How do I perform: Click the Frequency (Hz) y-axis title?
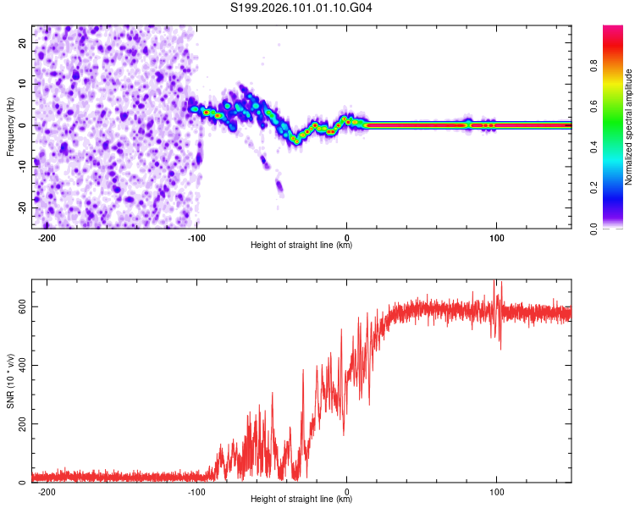click(x=10, y=126)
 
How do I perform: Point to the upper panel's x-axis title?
click(x=301, y=246)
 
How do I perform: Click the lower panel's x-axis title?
click(x=301, y=500)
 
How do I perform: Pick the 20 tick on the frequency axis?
click(x=23, y=43)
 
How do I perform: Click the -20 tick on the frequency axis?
click(x=21, y=207)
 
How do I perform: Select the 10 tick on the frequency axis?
click(x=23, y=85)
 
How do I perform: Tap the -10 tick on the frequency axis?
click(x=21, y=167)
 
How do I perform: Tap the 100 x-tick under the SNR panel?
click(x=496, y=491)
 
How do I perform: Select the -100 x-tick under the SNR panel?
click(x=196, y=491)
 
